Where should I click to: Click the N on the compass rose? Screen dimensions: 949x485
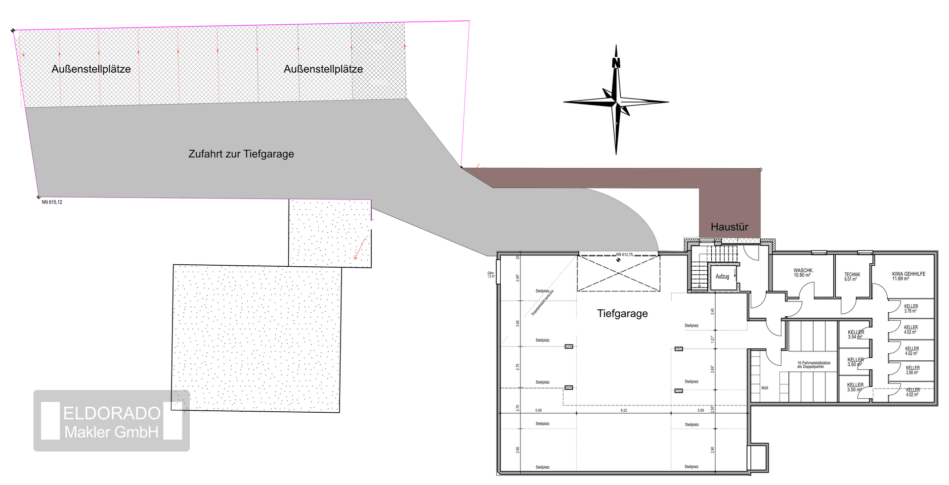tap(616, 63)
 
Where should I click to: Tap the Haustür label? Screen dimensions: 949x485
tap(729, 227)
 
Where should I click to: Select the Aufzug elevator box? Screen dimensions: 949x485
tap(722, 277)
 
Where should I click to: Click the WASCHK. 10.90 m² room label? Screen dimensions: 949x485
tap(803, 273)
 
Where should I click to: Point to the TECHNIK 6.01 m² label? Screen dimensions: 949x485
tap(852, 277)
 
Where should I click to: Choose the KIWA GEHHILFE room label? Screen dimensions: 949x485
tap(908, 276)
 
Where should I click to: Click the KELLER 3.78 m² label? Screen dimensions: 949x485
tap(911, 308)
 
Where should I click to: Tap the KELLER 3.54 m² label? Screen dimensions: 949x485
tap(856, 335)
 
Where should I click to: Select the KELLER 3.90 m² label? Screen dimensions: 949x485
tap(912, 370)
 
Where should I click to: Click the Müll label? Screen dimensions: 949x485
tap(765, 388)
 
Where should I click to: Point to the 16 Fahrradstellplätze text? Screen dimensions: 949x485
tap(814, 365)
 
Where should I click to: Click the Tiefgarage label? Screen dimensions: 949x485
tap(622, 314)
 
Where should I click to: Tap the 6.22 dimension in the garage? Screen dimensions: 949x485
tap(624, 410)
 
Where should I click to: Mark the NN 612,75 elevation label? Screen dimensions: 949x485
tap(624, 254)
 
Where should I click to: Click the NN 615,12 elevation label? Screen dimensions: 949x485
tap(52, 202)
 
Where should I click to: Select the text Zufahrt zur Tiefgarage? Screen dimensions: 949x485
tap(241, 154)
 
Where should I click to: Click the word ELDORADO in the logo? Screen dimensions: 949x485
tap(112, 413)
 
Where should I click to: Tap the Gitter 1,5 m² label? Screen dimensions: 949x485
tap(490, 275)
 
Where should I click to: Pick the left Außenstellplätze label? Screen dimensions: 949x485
tap(91, 69)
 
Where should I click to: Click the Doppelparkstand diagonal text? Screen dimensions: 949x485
tap(543, 303)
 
